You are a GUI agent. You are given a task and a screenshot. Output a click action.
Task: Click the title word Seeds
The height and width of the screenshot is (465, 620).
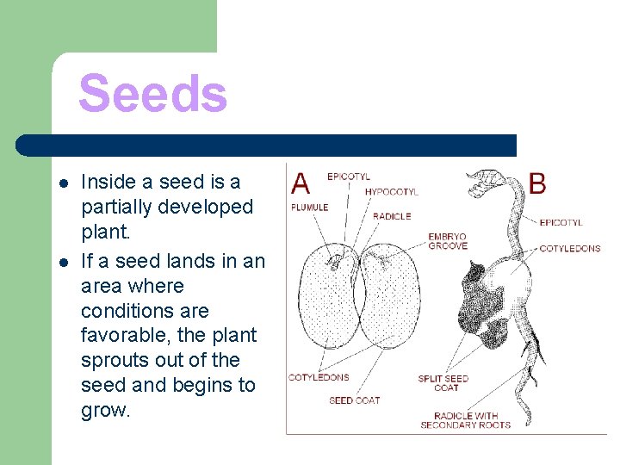tap(152, 94)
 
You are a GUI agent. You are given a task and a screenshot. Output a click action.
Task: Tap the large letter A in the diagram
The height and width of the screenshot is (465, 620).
tap(301, 183)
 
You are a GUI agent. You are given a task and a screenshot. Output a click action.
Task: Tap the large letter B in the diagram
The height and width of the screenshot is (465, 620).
tap(536, 183)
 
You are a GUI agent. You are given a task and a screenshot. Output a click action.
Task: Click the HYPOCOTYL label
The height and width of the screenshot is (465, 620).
tap(391, 192)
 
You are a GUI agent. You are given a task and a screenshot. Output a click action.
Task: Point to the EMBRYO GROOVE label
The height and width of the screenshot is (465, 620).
tap(447, 241)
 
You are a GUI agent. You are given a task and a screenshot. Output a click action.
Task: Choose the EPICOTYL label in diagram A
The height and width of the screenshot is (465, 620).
tap(349, 177)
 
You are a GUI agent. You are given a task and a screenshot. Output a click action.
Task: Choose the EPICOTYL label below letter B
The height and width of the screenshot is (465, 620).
tap(561, 223)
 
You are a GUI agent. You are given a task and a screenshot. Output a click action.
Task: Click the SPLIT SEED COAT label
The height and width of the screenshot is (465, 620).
tap(443, 383)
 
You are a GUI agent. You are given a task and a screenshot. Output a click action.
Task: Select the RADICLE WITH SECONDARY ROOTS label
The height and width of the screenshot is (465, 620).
tap(465, 420)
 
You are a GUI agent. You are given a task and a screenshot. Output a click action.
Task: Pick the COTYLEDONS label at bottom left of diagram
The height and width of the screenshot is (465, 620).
tap(319, 377)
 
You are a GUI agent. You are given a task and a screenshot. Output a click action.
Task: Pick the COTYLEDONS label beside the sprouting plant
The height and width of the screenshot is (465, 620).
tap(569, 249)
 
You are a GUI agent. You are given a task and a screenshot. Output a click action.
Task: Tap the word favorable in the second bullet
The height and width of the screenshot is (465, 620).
tap(124, 335)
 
